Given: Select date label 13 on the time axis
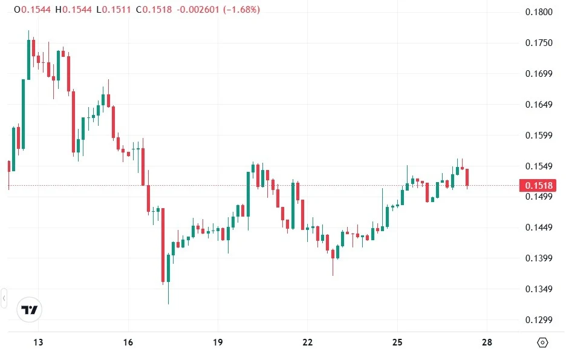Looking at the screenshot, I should click(x=38, y=342).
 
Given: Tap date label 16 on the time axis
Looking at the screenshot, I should click(x=128, y=342).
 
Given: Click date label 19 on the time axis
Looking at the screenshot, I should click(x=218, y=342).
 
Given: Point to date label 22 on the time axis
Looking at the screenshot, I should click(x=308, y=342).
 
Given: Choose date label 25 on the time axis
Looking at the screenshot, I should click(x=397, y=342).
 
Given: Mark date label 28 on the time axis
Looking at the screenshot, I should click(x=487, y=342).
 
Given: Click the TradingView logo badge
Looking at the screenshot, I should click(x=30, y=310).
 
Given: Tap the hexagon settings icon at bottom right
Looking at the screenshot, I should click(x=542, y=342).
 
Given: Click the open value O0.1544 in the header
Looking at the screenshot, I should click(x=33, y=10).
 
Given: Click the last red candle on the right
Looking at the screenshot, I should click(x=467, y=178).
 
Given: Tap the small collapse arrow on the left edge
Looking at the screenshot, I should click(x=4, y=298).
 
